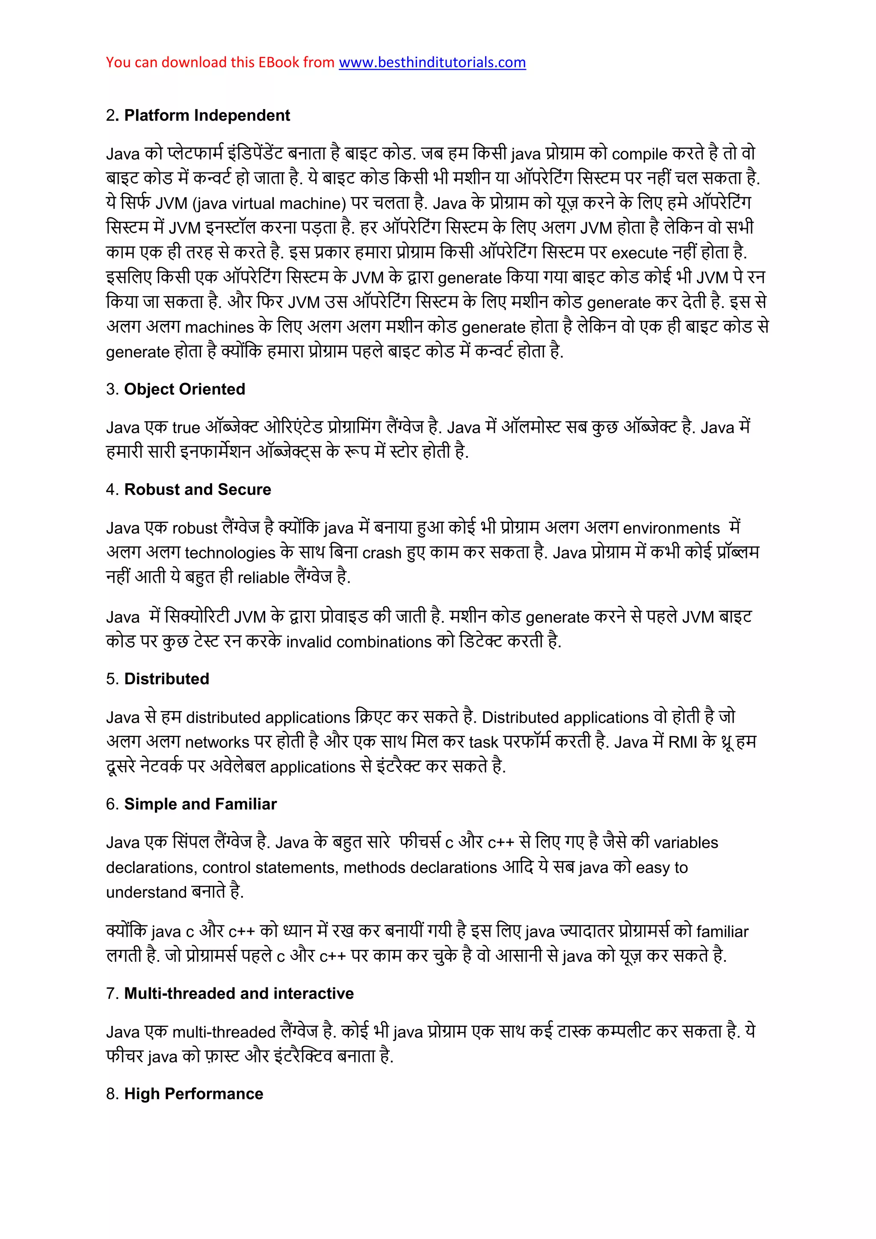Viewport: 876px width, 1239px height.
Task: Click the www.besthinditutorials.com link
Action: pos(432,62)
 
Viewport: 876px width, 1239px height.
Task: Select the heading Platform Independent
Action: pos(207,116)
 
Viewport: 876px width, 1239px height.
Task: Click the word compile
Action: pos(639,154)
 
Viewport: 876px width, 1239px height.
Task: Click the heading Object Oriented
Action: pos(184,389)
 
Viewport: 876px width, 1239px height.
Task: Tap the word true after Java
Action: pos(186,428)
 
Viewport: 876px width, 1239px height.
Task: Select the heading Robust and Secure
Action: pos(198,489)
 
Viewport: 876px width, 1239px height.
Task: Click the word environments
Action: pos(671,528)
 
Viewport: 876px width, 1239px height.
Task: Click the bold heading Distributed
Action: pos(167,679)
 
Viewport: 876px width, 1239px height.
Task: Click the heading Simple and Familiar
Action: pos(200,804)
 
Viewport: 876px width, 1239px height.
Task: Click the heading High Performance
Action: pos(194,1094)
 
